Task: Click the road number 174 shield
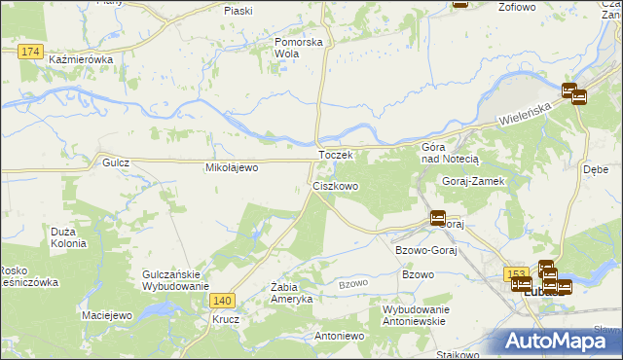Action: pos(29,50)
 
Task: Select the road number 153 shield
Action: pos(515,274)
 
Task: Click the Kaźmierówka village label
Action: pos(81,59)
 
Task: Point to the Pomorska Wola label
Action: pos(298,48)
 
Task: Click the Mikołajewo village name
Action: pos(232,167)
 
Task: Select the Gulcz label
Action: pos(116,164)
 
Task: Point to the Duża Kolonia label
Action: pos(69,236)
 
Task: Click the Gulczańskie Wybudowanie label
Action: pos(176,280)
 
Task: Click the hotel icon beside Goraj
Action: pos(438,218)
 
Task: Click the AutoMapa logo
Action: pos(563,340)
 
